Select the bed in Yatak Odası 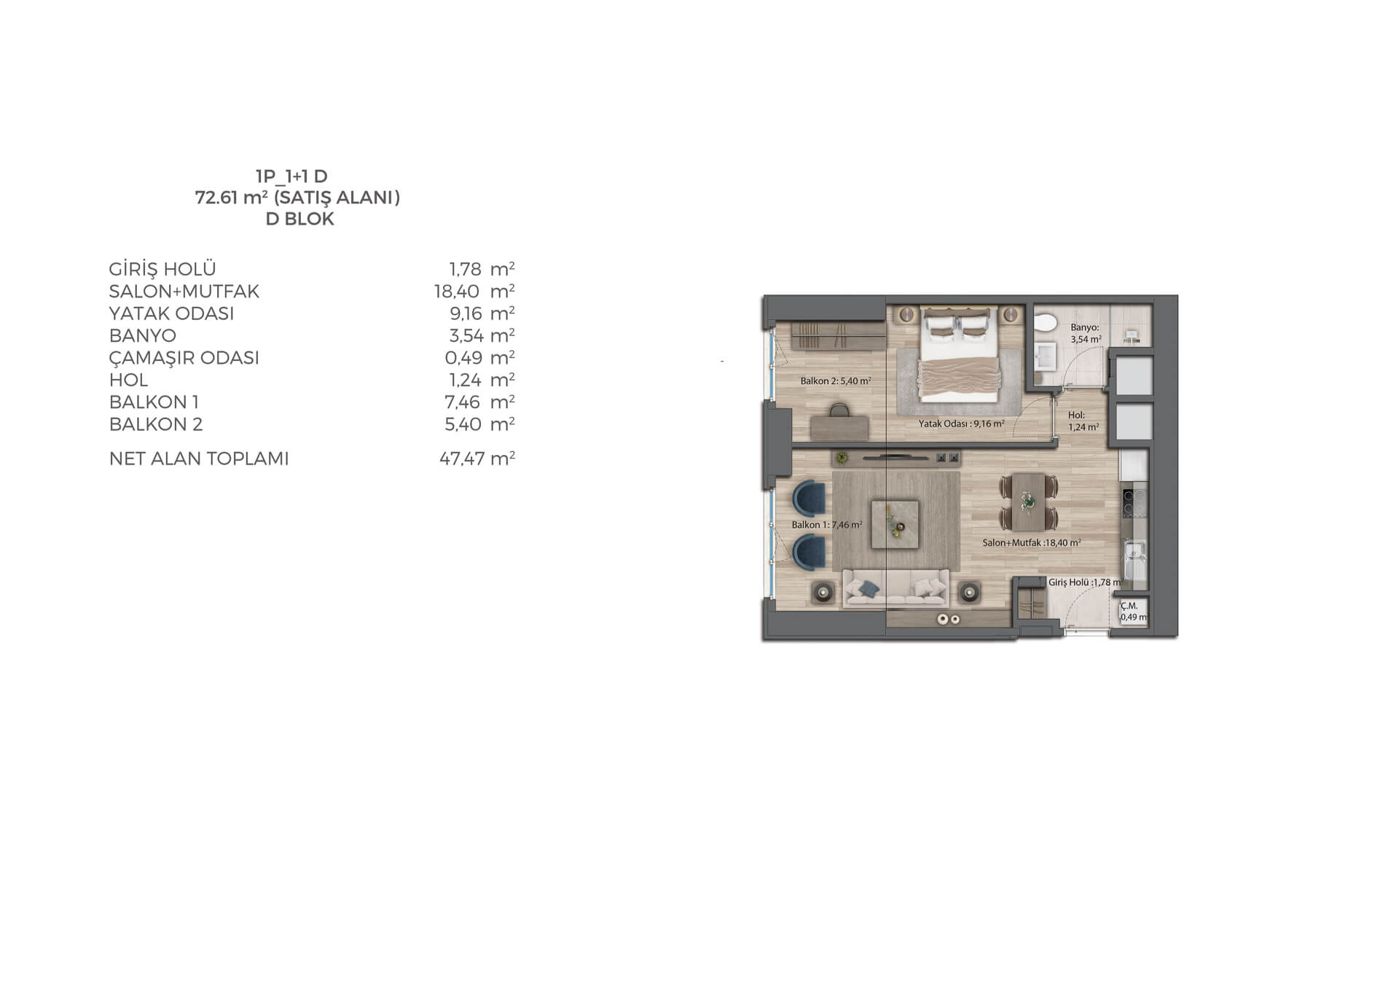(957, 354)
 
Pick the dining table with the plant (1028, 501)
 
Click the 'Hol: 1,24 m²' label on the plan (1083, 421)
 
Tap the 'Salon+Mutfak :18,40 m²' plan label (1031, 543)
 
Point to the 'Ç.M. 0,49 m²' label (1133, 612)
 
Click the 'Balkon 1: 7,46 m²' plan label (827, 525)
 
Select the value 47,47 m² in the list (477, 459)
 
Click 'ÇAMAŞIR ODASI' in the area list (184, 358)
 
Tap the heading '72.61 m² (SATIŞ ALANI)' (297, 198)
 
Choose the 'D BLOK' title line (299, 219)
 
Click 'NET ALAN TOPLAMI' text (199, 459)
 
